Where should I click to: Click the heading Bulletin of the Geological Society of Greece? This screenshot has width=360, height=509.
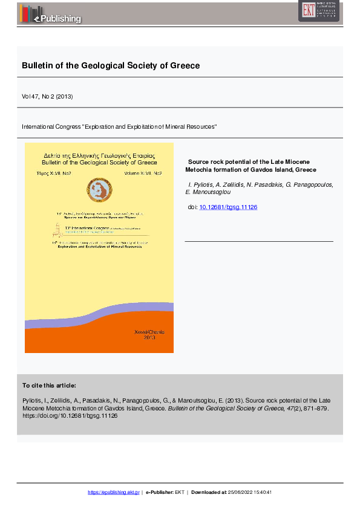[x=111, y=65]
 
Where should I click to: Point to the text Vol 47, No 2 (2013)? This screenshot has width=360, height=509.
[x=47, y=96]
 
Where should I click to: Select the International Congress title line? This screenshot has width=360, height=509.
[x=119, y=127]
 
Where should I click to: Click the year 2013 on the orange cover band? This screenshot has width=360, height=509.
[x=149, y=338]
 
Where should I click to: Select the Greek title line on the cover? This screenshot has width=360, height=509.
[x=99, y=155]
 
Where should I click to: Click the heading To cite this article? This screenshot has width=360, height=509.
[x=49, y=385]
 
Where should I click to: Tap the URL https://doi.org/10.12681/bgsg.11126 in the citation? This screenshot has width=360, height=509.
[x=70, y=416]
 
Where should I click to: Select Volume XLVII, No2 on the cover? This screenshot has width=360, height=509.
[x=143, y=173]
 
